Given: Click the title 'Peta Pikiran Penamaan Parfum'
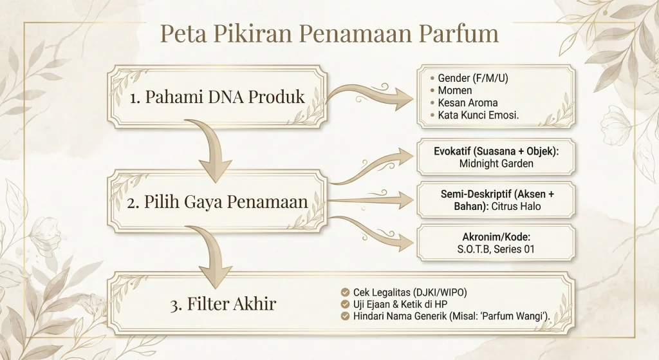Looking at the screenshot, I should click(329, 33).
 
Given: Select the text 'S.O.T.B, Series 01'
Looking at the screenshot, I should click(494, 249).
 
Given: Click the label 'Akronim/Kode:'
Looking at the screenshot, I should click(494, 237).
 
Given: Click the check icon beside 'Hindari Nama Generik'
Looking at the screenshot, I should click(346, 316).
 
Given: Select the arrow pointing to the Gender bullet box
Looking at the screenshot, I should click(373, 97).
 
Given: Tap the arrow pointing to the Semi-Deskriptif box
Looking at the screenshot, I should click(373, 202).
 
